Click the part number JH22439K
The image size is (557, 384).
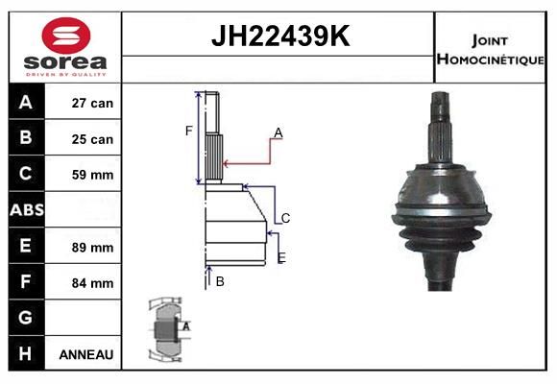click(x=280, y=36)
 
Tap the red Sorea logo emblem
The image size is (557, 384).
click(x=66, y=36)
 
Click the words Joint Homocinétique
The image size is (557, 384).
click(x=490, y=50)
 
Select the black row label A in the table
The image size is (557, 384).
click(x=26, y=103)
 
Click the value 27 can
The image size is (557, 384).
click(x=92, y=103)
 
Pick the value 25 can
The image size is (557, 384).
click(x=92, y=139)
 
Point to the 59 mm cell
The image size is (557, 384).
click(x=92, y=175)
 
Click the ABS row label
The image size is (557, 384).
click(x=27, y=210)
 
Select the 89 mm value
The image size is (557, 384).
click(x=92, y=248)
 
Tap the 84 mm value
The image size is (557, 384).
click(x=92, y=283)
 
